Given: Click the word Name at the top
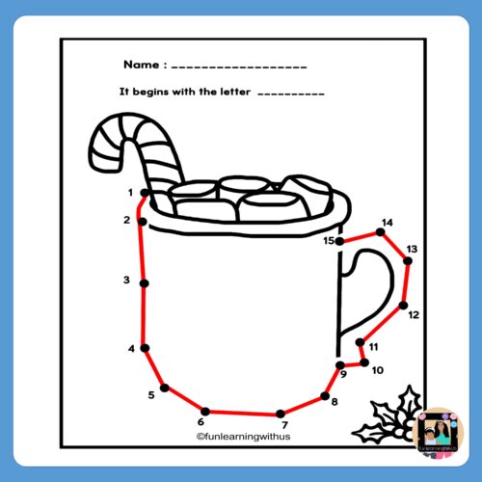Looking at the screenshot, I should click(x=142, y=65).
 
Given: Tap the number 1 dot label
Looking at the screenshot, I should click(x=129, y=193).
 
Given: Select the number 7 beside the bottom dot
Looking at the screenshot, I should click(x=284, y=425).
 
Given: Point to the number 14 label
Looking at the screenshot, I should click(x=387, y=223).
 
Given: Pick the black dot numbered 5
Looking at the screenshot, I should click(x=165, y=388).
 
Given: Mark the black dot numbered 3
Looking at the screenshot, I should click(x=144, y=282).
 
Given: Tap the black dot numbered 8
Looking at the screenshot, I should click(x=324, y=395).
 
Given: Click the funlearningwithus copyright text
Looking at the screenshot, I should click(x=243, y=436).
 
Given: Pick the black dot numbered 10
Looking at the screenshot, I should click(x=364, y=362).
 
